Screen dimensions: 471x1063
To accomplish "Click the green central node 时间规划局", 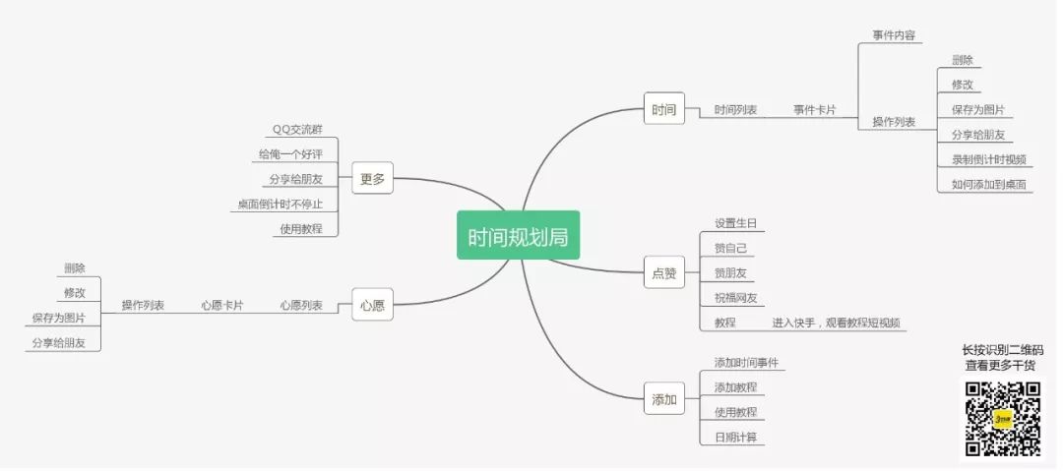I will click(518, 236).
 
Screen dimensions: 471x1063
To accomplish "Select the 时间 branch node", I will click(664, 109).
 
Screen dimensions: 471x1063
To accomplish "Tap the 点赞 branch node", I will click(664, 273).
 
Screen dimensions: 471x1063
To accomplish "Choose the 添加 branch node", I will click(664, 399).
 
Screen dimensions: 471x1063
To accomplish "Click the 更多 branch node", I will click(372, 179).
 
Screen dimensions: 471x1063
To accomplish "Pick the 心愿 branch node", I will click(372, 306).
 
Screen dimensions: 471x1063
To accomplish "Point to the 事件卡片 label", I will click(815, 110).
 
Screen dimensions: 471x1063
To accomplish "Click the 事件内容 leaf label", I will click(894, 35).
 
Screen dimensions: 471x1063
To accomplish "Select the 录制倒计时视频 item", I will click(988, 159).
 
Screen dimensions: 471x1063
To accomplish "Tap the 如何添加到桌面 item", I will click(988, 185).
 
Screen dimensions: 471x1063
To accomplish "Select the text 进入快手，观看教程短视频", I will click(836, 323).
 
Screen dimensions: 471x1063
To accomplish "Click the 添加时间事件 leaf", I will click(746, 363).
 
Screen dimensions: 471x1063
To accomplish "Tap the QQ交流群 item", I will click(296, 130).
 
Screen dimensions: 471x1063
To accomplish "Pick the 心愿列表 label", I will click(301, 306).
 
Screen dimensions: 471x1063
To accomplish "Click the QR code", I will click(1002, 418).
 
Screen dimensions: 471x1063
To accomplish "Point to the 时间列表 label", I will click(735, 110).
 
